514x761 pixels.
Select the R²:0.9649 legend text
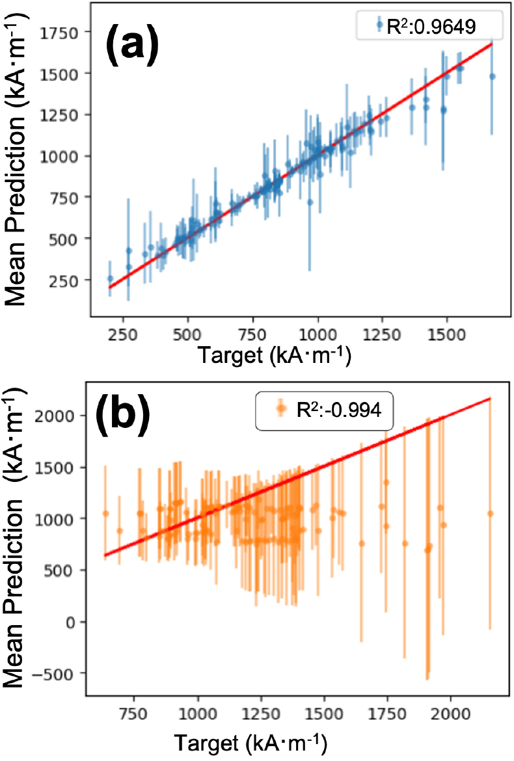431,26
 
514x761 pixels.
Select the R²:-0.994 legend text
339,410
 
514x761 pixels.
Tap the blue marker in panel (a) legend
379,24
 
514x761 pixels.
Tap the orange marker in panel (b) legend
280,409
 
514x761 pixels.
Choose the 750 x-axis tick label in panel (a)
252,334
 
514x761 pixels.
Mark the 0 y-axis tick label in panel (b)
72,622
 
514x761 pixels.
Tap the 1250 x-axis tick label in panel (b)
261,714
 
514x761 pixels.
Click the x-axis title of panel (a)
274,354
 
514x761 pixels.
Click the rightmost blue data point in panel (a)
492,76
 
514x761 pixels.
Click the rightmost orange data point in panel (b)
490,513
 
